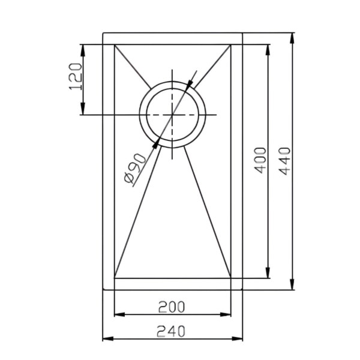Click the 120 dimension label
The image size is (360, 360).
pos(76,76)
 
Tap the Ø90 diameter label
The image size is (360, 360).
pos(135,168)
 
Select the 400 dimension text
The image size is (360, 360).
pos(260,160)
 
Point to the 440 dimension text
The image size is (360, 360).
pos(285,161)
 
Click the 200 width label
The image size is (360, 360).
pos(172,307)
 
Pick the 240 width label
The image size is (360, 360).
pos(171,332)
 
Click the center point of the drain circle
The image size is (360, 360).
pos(172,115)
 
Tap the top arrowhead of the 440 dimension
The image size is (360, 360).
pos(292,38)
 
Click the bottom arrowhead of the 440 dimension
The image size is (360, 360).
pos(292,284)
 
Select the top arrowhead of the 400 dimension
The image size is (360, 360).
pos(268,50)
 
